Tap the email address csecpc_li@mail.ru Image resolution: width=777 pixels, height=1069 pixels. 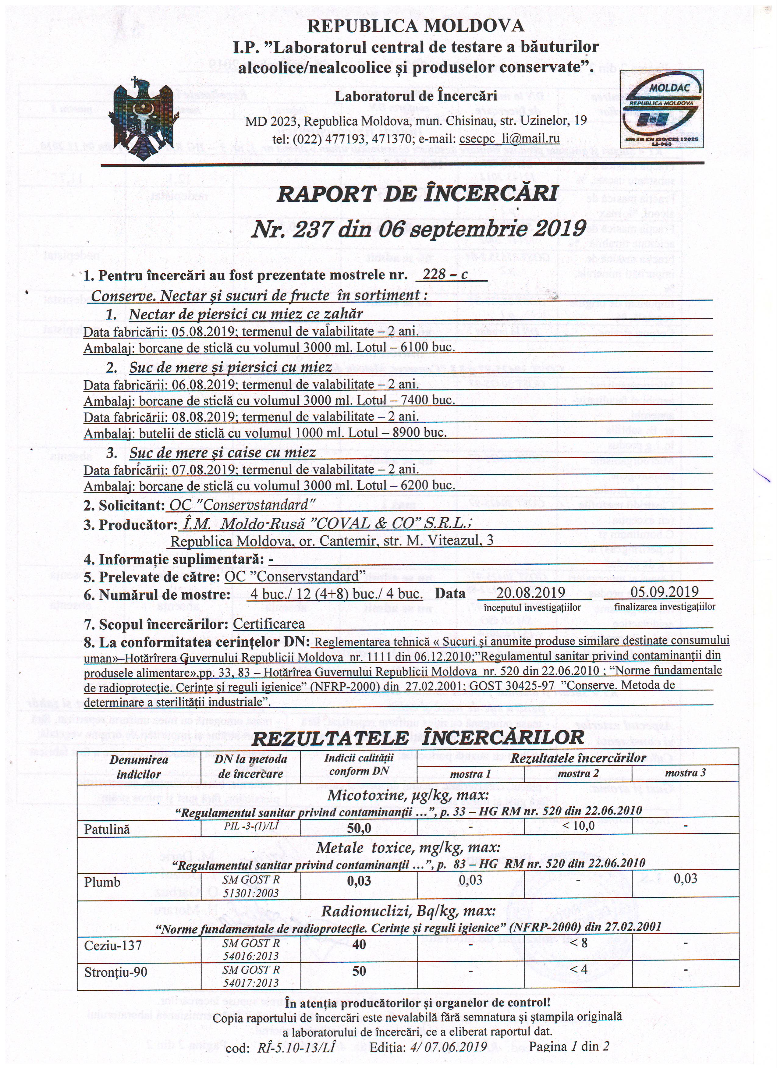509,139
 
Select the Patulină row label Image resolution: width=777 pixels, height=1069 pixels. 107,829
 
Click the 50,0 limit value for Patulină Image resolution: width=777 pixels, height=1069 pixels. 359,828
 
